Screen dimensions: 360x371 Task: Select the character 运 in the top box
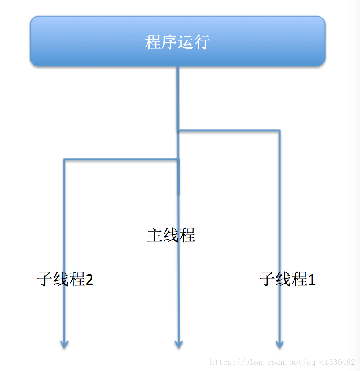point(185,42)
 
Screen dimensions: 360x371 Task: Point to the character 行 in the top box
point(202,42)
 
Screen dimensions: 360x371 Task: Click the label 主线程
point(171,235)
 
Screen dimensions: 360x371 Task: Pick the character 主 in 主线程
point(155,235)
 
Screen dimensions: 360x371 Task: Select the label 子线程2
point(65,279)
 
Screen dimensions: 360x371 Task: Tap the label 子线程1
point(287,279)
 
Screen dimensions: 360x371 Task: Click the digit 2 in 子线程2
point(89,280)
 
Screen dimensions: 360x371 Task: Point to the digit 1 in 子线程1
point(312,280)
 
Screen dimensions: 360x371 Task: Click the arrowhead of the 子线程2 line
point(64,345)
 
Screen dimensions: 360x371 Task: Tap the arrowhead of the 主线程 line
point(178,345)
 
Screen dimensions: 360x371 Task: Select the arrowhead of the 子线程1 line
point(279,345)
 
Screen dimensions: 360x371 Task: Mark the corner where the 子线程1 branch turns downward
point(279,131)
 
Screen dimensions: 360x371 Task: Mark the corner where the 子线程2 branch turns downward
point(65,160)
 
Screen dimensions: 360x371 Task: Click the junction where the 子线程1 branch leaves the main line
point(178,131)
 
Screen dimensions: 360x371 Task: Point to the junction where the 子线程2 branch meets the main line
point(178,160)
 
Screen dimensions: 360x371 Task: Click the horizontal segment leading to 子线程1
point(229,131)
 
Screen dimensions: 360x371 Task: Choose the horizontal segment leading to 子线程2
point(121,160)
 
